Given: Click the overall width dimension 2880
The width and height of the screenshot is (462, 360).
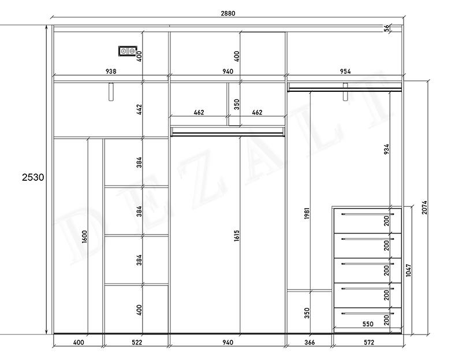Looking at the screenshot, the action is (x=228, y=13).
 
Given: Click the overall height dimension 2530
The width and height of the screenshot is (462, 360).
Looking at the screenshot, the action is (x=33, y=177).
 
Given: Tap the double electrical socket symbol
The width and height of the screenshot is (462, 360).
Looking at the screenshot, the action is (x=128, y=51).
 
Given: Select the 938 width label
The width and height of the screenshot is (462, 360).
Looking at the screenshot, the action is (x=111, y=71).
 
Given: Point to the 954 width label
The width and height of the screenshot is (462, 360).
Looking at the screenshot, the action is (x=345, y=71).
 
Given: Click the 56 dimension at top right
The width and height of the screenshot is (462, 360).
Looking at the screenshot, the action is (x=386, y=28).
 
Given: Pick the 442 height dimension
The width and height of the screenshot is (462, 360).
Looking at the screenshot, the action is (x=139, y=109).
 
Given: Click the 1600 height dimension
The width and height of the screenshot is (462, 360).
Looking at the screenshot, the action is (x=84, y=236).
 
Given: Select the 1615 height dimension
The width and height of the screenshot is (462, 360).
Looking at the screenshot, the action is (x=237, y=236).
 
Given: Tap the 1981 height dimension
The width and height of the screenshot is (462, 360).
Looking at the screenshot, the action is (x=307, y=213).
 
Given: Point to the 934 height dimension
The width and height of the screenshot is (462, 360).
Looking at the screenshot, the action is (x=386, y=149).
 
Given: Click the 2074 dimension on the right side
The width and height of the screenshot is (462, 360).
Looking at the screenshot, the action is (x=424, y=207).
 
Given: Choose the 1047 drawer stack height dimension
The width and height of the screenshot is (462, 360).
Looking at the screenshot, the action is (x=408, y=270).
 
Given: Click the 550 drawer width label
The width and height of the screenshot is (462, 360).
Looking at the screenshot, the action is (x=368, y=324).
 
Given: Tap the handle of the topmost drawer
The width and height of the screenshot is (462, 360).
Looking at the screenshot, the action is (x=367, y=214).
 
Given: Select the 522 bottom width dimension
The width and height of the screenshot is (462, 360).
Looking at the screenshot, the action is (x=137, y=342).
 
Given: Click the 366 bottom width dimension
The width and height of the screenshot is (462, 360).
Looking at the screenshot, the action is (x=310, y=342).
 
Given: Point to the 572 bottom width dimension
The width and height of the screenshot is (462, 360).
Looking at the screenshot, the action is (x=369, y=342).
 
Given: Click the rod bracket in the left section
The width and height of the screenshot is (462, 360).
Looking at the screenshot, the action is (x=111, y=92).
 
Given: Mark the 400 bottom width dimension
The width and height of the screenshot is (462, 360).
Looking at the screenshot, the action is (x=79, y=342).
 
